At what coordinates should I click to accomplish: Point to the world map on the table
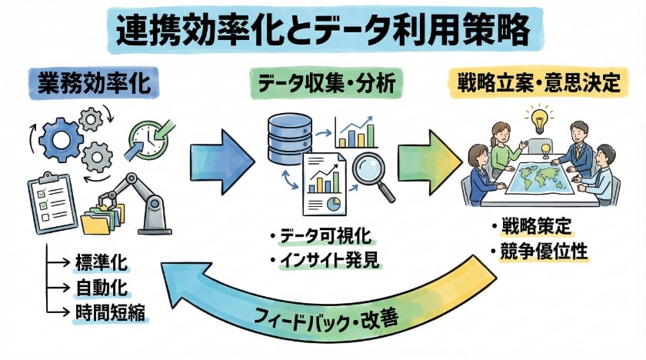pos(543,178)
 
